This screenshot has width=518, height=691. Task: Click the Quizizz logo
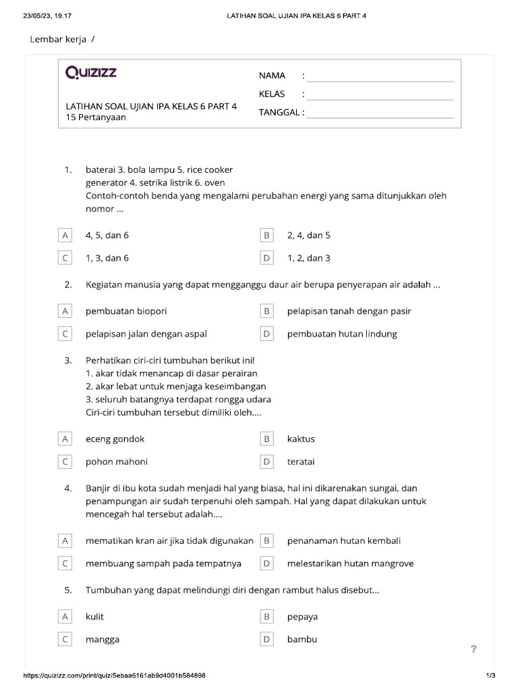pos(91,73)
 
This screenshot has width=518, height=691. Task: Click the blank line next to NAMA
pos(380,76)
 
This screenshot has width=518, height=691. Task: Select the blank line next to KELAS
pos(380,94)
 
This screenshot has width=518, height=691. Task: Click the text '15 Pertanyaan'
pos(96,117)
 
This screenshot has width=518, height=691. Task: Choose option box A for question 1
pos(65,236)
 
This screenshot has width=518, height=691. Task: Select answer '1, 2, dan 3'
pos(309,258)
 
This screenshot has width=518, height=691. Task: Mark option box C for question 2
pos(65,334)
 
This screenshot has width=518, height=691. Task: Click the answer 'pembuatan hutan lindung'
pos(342,334)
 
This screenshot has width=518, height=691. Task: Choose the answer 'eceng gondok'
pos(115,439)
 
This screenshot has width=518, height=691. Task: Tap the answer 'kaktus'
pos(301,439)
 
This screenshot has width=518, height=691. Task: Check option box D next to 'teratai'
pos(267,462)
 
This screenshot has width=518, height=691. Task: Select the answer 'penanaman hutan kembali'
pos(344,541)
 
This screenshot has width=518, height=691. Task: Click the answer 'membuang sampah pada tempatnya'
pos(163,563)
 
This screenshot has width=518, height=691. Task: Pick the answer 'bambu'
pos(302,640)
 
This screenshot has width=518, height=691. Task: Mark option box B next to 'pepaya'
pos(267,617)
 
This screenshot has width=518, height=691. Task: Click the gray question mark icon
pos(473,649)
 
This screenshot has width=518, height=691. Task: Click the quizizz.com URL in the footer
pos(115,675)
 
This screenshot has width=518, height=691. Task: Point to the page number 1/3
pos(490,675)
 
